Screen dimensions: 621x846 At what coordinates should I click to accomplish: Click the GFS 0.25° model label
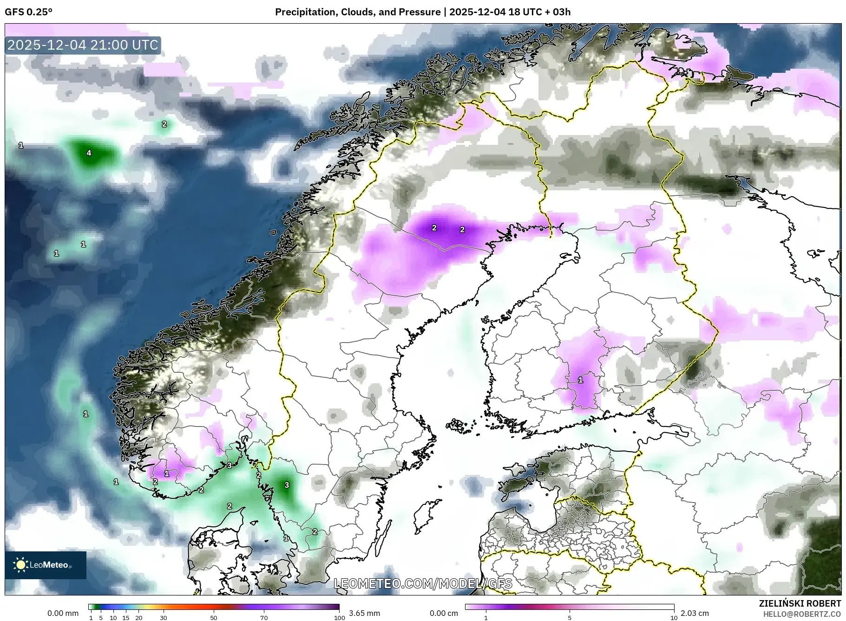(x=28, y=12)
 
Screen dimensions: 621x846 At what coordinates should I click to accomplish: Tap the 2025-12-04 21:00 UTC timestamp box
(x=83, y=45)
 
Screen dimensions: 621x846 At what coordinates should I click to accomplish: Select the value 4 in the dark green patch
(x=89, y=153)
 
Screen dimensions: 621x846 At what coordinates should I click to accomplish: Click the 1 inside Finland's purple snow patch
(x=580, y=380)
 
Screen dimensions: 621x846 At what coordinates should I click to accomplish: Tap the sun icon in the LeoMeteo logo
(x=20, y=565)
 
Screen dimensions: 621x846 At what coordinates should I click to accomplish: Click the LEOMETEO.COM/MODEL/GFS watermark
(x=423, y=583)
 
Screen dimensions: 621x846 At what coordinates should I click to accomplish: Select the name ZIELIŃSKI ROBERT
(x=800, y=603)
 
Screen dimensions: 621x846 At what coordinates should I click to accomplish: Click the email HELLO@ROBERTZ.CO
(x=802, y=614)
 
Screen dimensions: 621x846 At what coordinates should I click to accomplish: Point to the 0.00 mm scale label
(x=63, y=613)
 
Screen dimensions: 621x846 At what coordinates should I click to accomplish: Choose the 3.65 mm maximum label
(x=364, y=613)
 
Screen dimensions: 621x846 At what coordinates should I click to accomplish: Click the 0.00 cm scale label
(x=444, y=613)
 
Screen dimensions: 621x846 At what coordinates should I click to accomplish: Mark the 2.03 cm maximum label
(x=695, y=613)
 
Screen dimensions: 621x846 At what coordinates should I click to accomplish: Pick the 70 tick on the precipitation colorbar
(x=264, y=618)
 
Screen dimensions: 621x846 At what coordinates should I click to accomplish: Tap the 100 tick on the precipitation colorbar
(x=339, y=618)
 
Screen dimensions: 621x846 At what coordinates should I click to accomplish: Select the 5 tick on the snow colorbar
(x=570, y=618)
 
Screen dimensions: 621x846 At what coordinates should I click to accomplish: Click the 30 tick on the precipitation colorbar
(x=164, y=618)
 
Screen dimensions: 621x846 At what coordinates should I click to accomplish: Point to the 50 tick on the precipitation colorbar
(x=214, y=618)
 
